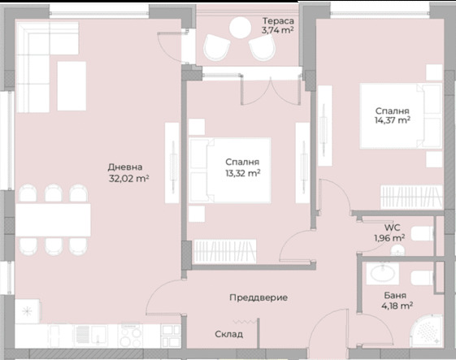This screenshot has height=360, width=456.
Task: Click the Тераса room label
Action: [x=278, y=21]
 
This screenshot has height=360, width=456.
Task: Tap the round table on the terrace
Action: [x=241, y=28]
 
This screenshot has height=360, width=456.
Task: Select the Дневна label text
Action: [x=125, y=167]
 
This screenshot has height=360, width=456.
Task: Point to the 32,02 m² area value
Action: [x=128, y=178]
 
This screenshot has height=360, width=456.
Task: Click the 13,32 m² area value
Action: [x=243, y=173]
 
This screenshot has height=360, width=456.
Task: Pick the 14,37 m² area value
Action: [x=393, y=119]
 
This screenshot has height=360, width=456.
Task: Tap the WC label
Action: [x=392, y=228]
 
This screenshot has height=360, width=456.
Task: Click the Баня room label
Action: [x=395, y=296]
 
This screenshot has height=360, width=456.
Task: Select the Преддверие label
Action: [x=258, y=297]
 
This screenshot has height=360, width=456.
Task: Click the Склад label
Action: [x=229, y=334]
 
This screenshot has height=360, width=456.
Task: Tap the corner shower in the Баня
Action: [x=427, y=332]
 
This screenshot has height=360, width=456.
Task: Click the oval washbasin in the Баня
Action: [x=383, y=274]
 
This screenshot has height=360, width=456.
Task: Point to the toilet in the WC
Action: [x=422, y=234]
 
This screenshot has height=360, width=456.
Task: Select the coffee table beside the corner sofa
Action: [x=72, y=86]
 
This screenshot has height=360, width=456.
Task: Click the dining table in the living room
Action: [x=53, y=220]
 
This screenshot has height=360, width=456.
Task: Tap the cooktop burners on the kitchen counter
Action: [x=130, y=336]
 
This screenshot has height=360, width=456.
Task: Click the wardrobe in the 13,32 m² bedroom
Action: [x=225, y=252]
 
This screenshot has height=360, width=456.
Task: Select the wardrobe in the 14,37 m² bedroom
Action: [x=411, y=197]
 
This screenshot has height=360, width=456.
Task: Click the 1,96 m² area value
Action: [x=389, y=238]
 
